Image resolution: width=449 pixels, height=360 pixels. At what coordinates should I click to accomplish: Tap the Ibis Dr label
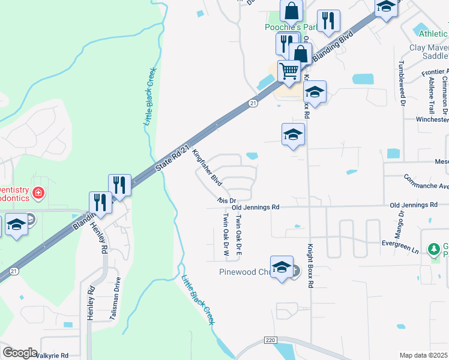click(x=228, y=200)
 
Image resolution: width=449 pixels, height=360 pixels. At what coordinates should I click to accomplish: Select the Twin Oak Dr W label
click(x=226, y=235)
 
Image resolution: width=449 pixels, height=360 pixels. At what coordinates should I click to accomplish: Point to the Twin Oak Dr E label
click(x=239, y=236)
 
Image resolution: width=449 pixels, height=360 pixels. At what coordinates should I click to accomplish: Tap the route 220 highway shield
click(x=270, y=340)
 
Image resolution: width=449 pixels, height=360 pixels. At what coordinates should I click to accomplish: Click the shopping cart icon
click(x=289, y=71)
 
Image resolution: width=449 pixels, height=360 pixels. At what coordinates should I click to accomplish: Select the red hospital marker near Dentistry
click(x=38, y=193)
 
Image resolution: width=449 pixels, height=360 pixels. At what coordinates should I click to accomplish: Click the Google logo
click(x=20, y=353)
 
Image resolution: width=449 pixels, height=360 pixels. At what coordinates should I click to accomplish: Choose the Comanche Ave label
click(x=426, y=182)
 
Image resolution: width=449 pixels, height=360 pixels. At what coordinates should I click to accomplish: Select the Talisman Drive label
click(x=118, y=298)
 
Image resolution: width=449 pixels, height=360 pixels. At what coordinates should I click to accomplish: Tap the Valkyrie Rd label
click(x=52, y=355)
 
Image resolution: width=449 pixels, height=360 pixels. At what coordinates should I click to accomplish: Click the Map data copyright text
click(x=424, y=355)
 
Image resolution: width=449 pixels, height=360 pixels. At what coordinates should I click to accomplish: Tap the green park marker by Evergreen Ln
click(x=433, y=248)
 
